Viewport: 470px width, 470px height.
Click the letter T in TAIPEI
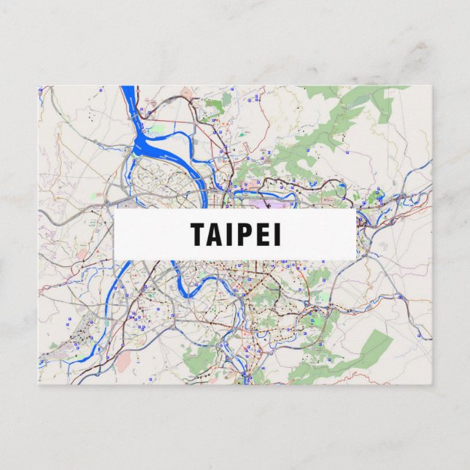199,234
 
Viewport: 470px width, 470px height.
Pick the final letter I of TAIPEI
277,234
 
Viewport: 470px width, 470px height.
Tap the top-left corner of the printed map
39,87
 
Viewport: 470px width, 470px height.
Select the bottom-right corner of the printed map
431,384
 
